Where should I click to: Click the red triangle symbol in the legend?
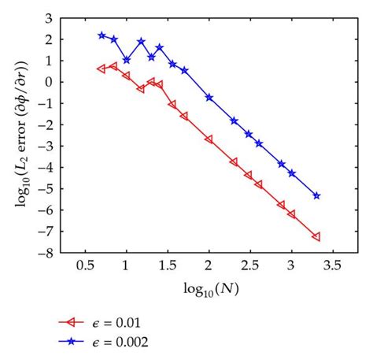click(74, 322)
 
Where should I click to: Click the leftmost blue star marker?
click(102, 35)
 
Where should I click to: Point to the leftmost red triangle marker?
click(102, 69)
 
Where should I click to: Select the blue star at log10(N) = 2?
click(209, 97)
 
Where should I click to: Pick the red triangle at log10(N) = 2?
click(209, 139)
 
